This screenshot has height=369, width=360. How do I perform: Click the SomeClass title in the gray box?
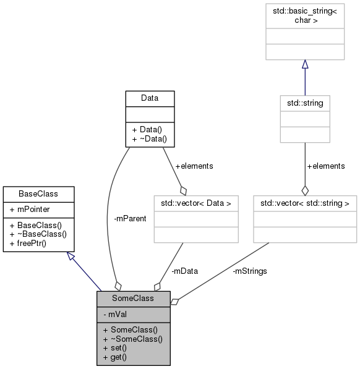pos(133,299)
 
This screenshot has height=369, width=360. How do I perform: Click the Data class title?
pos(150,98)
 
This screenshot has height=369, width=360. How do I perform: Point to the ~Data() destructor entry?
pos(149,140)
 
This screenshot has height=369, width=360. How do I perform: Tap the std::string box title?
pos(304,103)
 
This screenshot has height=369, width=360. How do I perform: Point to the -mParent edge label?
pos(131,218)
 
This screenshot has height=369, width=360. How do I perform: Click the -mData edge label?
pos(185,271)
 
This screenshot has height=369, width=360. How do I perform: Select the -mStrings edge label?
pos(249,271)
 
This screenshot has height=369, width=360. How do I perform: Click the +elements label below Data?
pos(194,166)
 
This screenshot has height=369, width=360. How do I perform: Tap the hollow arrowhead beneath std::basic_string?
pos(304,64)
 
